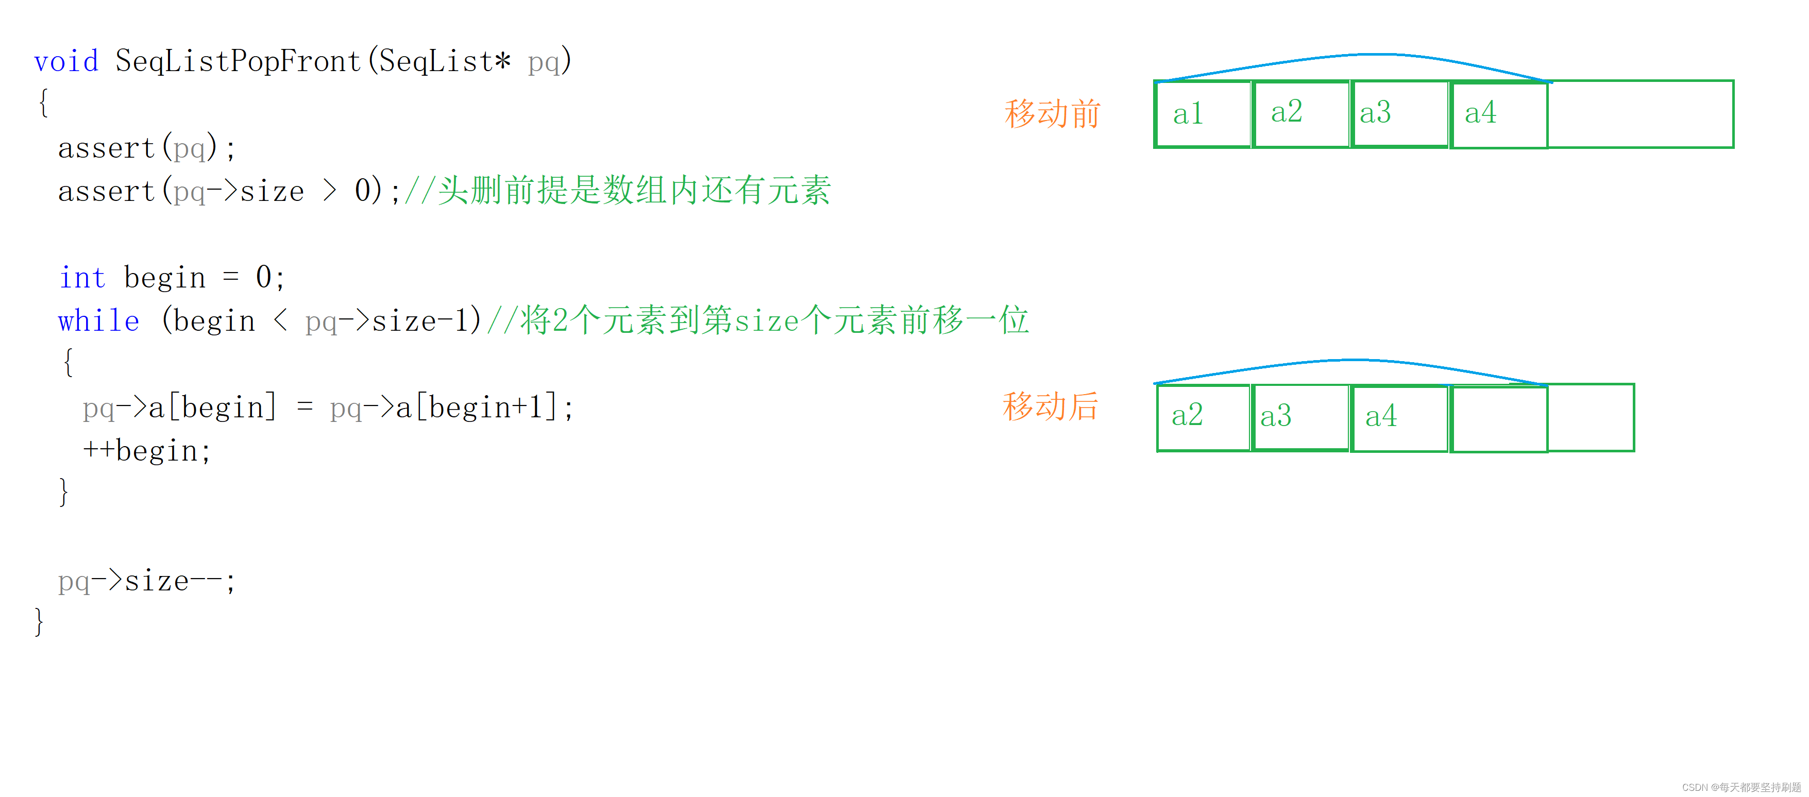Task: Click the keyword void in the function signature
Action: tap(66, 61)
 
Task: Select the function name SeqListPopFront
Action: tap(238, 61)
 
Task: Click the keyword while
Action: tap(98, 321)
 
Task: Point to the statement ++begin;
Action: tap(146, 451)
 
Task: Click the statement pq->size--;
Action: tap(146, 581)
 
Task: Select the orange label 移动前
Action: tap(1052, 114)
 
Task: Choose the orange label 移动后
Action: tap(1050, 406)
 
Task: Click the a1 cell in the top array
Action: tap(1202, 114)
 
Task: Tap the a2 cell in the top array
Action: tap(1300, 114)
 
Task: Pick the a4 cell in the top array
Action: tap(1499, 114)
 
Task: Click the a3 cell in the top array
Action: tap(1399, 114)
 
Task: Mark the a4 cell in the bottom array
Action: tap(1399, 417)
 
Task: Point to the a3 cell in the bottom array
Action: tap(1300, 417)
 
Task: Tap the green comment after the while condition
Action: tap(757, 321)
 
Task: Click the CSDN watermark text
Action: tap(1741, 787)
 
